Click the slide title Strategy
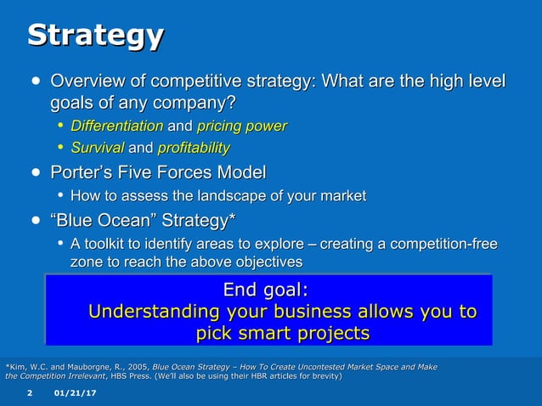click(x=95, y=36)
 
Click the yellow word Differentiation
click(x=116, y=127)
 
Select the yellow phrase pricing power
click(x=241, y=127)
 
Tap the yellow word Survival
click(x=96, y=149)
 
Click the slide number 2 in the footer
click(x=29, y=394)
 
